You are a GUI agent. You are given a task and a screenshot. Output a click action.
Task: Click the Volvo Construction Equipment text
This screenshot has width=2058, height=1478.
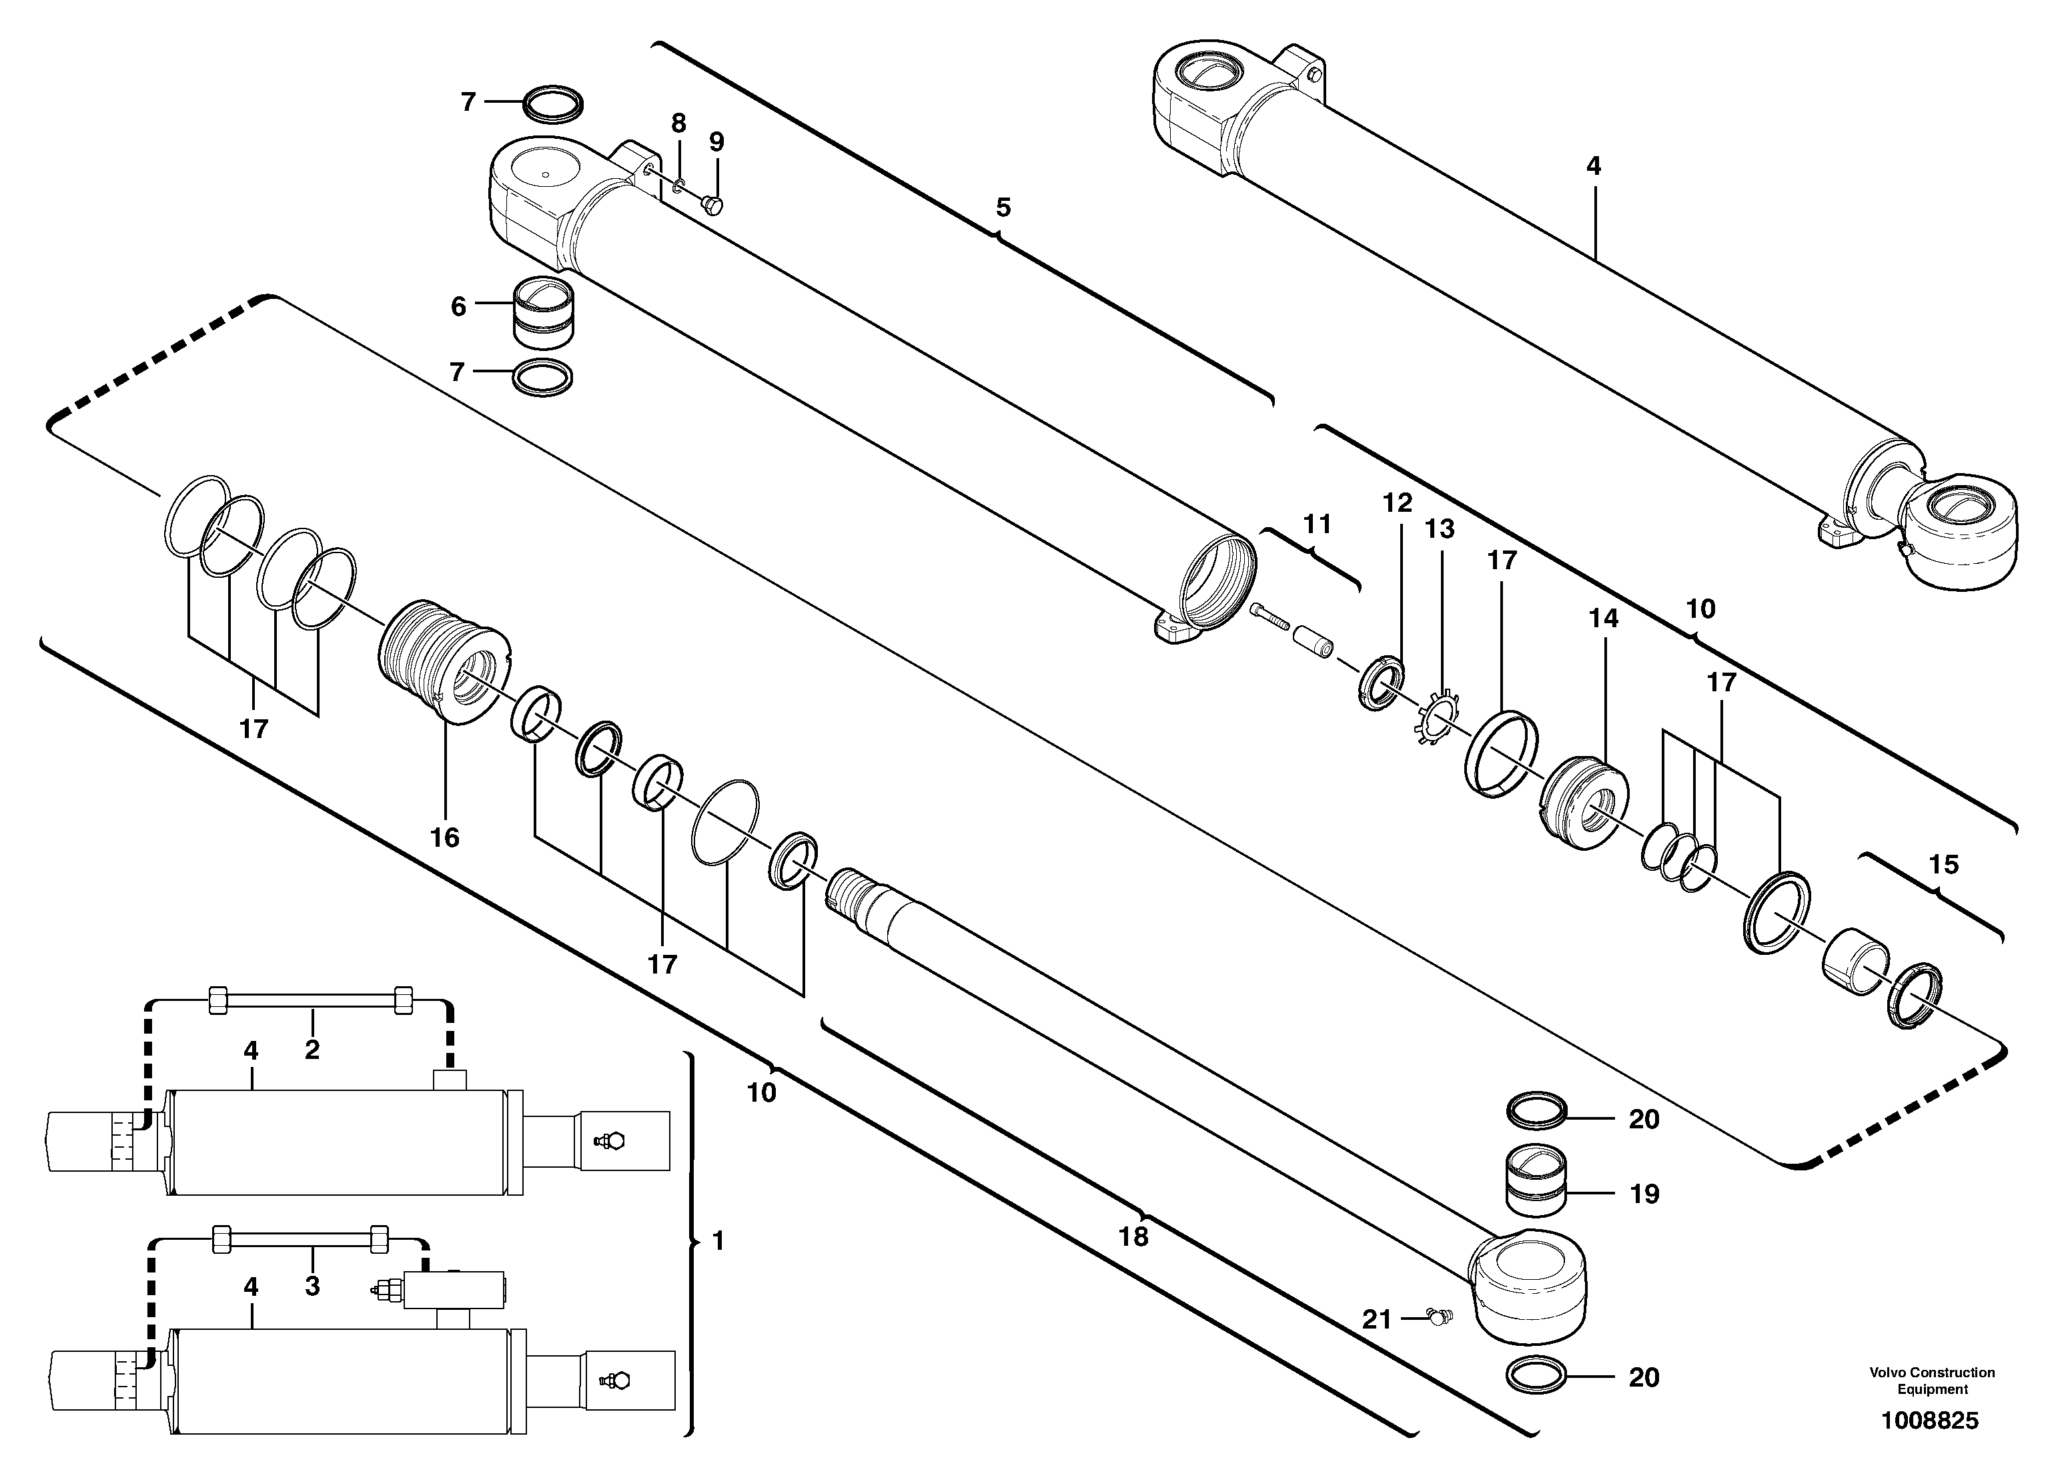[x=1932, y=1381]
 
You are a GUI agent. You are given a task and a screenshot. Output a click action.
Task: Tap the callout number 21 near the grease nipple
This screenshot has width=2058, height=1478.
[x=1376, y=1319]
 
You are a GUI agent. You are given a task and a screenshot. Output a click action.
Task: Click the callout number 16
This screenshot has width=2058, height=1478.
[x=445, y=836]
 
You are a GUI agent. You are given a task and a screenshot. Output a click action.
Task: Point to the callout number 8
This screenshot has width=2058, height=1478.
[x=678, y=123]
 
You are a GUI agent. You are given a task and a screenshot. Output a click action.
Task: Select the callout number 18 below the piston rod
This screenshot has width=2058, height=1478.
[x=1133, y=1236]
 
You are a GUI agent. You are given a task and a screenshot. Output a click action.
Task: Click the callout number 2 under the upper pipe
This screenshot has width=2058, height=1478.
[x=312, y=1050]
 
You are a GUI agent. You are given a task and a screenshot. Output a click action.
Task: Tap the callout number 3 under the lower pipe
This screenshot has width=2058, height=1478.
[x=312, y=1286]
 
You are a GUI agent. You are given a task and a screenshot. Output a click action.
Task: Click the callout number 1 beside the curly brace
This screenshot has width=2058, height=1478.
[x=718, y=1240]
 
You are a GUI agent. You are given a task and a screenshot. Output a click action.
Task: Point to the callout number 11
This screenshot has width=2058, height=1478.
[x=1317, y=524]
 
